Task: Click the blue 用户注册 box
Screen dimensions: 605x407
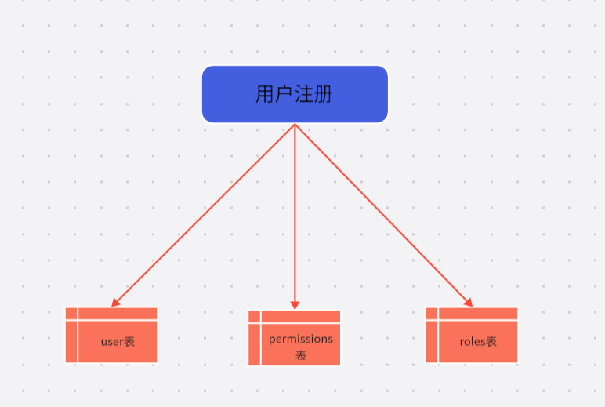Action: (x=295, y=94)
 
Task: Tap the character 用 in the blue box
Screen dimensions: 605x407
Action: (x=265, y=94)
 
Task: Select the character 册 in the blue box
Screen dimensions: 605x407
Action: (x=324, y=94)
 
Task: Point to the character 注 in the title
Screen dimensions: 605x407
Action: (x=303, y=94)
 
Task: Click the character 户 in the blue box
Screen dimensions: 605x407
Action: (x=284, y=94)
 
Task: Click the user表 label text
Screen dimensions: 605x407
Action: (x=118, y=341)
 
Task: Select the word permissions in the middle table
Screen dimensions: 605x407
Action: (x=301, y=340)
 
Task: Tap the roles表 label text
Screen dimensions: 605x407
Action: (x=478, y=341)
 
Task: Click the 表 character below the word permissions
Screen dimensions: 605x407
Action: (x=301, y=355)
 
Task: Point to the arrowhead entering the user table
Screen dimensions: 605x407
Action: (x=115, y=303)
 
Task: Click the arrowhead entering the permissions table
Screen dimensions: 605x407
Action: (x=295, y=306)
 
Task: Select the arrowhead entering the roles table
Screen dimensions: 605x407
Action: (x=468, y=303)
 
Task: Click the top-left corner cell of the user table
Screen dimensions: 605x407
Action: (x=71, y=314)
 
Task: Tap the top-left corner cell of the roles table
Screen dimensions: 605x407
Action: (x=432, y=314)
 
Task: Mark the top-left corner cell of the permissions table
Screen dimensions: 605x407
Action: (x=254, y=317)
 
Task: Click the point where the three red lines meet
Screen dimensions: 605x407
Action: (x=295, y=124)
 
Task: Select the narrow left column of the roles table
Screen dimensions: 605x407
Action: (x=432, y=335)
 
